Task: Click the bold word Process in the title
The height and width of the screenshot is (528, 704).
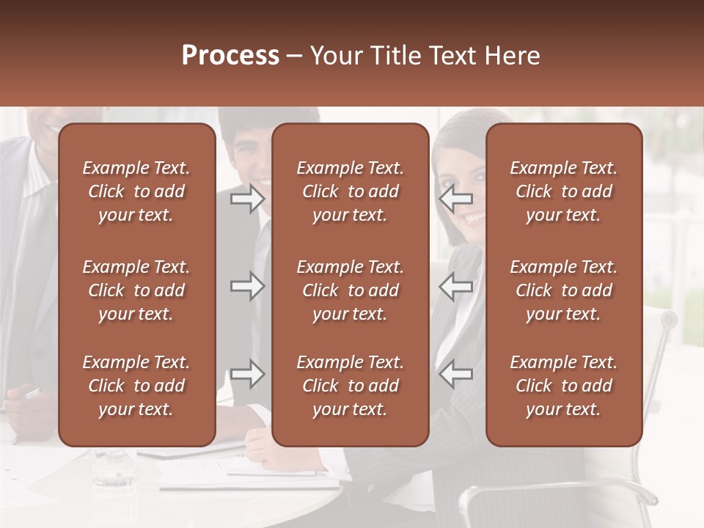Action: pos(230,55)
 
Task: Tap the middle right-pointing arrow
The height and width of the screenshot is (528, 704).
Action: pos(247,286)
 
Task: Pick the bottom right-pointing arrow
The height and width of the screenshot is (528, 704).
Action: pos(247,374)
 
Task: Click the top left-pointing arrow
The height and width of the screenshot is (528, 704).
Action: pos(456,197)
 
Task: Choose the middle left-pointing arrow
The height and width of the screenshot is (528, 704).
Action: pos(456,286)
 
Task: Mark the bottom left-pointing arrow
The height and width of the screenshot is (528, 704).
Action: pos(456,374)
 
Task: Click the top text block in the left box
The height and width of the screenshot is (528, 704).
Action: pos(136,191)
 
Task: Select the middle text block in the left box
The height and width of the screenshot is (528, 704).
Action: pos(136,290)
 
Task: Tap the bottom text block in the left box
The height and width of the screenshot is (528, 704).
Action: pos(136,386)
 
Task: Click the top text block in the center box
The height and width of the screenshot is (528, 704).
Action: pos(350,191)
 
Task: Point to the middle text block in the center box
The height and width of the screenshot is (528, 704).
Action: pos(350,290)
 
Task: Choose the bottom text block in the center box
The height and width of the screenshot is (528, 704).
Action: pos(350,386)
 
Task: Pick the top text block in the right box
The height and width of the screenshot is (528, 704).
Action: pos(563,191)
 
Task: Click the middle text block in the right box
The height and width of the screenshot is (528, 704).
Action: pos(563,290)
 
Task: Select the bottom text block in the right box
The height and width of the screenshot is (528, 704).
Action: pos(563,386)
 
